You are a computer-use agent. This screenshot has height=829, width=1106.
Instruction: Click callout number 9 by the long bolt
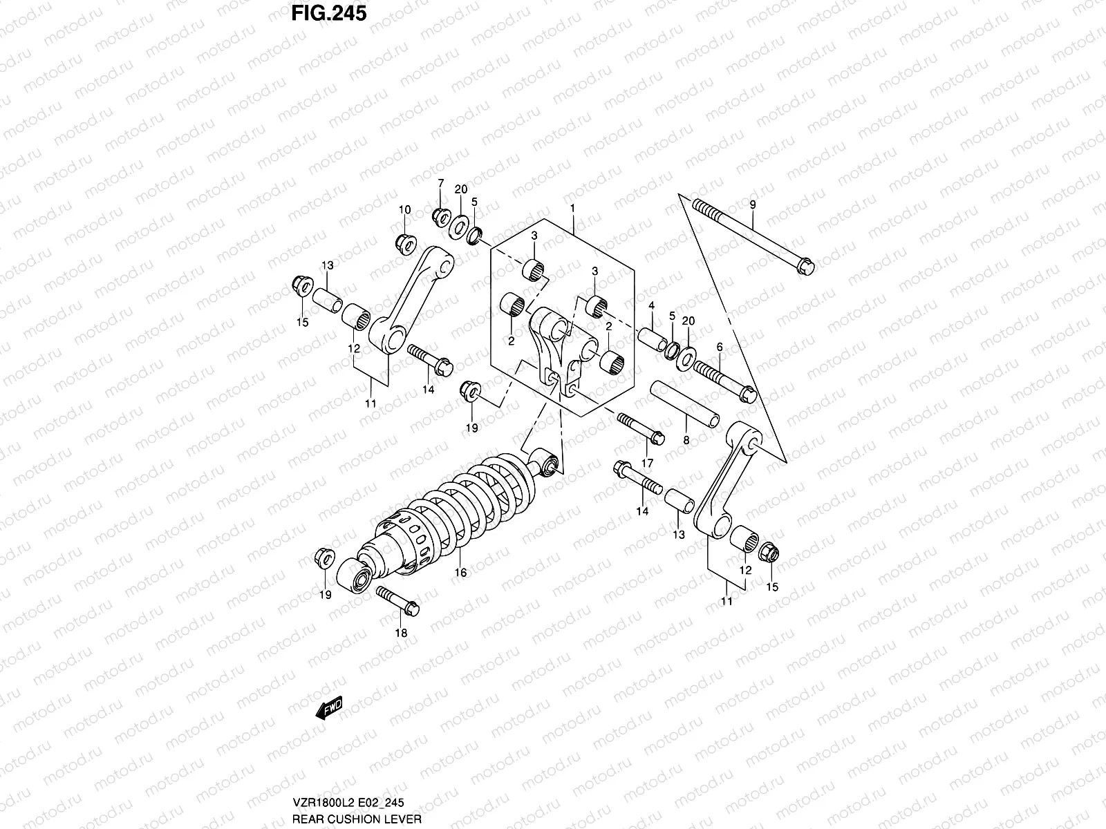pos(753,204)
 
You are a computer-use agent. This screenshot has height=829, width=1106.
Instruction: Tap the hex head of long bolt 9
pos(805,267)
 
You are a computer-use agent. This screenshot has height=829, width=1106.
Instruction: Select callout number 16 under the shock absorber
pos(461,573)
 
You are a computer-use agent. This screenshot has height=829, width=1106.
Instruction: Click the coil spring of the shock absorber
pos(484,497)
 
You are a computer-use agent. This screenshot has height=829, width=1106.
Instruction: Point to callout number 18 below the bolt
pos(401,633)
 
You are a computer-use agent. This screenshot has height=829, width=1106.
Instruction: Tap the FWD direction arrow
pos(330,708)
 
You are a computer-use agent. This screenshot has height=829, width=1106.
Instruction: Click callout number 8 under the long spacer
pos(686,439)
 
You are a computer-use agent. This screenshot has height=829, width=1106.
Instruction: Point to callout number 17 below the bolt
pos(648,462)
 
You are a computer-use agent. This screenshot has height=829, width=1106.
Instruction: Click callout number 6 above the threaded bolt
pos(719,347)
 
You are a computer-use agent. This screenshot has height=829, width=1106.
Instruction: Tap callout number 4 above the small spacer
pos(651,305)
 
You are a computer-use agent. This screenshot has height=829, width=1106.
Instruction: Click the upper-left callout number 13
pos(327,265)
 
